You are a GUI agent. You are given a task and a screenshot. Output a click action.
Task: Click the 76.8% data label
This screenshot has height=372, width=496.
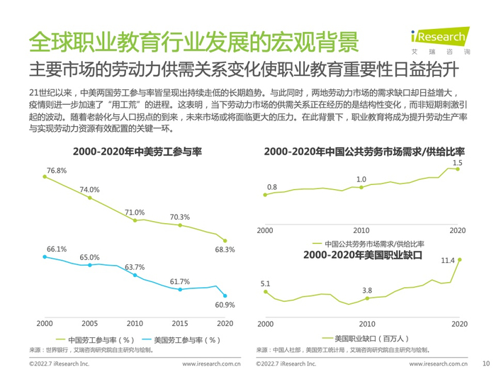(56, 171)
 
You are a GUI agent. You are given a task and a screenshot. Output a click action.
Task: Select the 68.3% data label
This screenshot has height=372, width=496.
(225, 249)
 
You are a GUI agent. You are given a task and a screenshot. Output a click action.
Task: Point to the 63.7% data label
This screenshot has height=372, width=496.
(135, 267)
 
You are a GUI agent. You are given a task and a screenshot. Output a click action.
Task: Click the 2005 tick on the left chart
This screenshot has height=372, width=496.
(89, 322)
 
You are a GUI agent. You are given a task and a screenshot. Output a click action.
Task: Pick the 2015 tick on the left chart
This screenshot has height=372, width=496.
(180, 322)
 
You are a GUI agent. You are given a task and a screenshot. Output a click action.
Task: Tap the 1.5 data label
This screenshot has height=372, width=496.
(457, 164)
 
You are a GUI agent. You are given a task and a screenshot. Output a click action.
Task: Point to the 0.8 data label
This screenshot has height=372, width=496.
(272, 187)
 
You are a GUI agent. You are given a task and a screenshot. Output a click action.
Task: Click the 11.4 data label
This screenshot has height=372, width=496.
(447, 260)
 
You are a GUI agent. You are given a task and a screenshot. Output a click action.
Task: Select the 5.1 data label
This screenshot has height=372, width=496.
(265, 284)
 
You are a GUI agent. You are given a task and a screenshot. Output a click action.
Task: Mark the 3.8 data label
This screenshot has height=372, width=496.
(366, 291)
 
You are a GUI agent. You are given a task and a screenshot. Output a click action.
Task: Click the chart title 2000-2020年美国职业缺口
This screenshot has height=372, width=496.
(363, 254)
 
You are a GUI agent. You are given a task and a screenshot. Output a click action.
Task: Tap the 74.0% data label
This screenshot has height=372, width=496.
(89, 190)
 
